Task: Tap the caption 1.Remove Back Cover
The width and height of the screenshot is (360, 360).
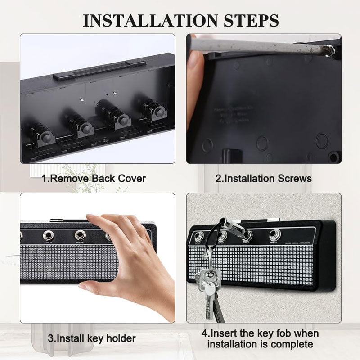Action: [94, 178]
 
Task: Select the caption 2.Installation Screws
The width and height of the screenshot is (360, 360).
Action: [263, 178]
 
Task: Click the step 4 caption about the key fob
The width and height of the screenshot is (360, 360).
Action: [260, 339]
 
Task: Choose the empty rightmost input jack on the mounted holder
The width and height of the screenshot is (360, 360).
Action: [274, 234]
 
